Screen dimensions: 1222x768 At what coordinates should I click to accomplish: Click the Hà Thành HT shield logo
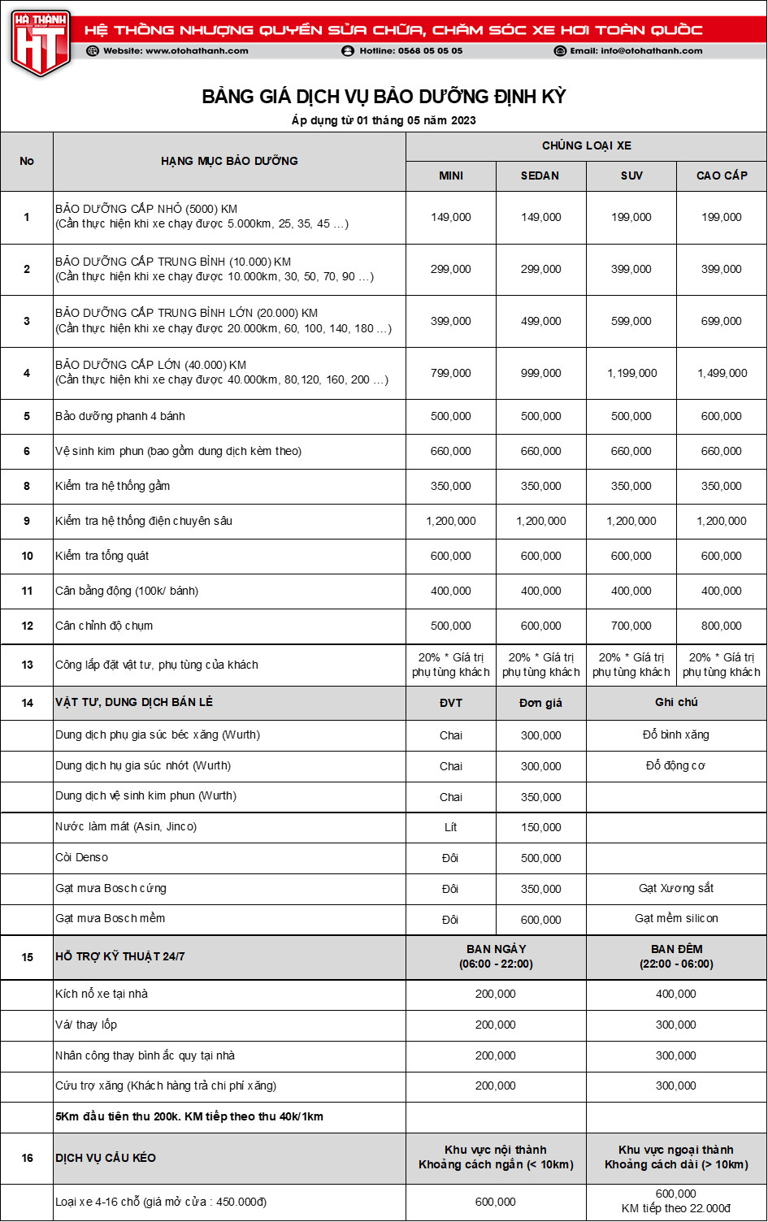click(x=40, y=42)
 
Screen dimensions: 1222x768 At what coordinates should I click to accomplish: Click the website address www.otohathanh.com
click(x=176, y=50)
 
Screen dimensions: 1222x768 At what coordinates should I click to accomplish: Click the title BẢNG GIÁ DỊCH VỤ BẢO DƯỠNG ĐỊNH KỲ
click(x=384, y=97)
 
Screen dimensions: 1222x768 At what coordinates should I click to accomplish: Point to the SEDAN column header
click(x=540, y=175)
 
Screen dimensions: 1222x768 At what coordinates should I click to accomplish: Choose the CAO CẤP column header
click(x=722, y=175)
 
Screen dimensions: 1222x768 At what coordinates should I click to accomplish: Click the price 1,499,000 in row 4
click(x=722, y=373)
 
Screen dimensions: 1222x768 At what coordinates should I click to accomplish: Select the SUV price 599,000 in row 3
click(x=631, y=321)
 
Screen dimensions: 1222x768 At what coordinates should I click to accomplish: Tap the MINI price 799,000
click(x=450, y=373)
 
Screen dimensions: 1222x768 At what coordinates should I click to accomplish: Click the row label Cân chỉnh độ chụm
click(x=104, y=626)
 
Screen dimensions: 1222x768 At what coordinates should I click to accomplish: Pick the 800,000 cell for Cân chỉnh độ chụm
click(x=722, y=626)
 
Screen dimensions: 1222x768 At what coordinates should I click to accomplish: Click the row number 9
click(x=27, y=521)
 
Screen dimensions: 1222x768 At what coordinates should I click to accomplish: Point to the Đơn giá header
click(x=540, y=703)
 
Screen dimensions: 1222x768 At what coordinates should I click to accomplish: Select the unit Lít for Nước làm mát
click(x=450, y=827)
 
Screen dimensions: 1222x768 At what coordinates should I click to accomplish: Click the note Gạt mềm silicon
click(x=676, y=918)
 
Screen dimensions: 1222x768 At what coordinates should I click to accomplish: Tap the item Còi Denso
click(x=81, y=857)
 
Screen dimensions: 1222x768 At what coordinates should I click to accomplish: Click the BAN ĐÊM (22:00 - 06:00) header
click(x=676, y=956)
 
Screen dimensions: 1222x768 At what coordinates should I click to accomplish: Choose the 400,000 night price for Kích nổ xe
click(x=676, y=994)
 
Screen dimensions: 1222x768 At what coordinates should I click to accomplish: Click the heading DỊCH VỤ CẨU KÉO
click(x=106, y=1157)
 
